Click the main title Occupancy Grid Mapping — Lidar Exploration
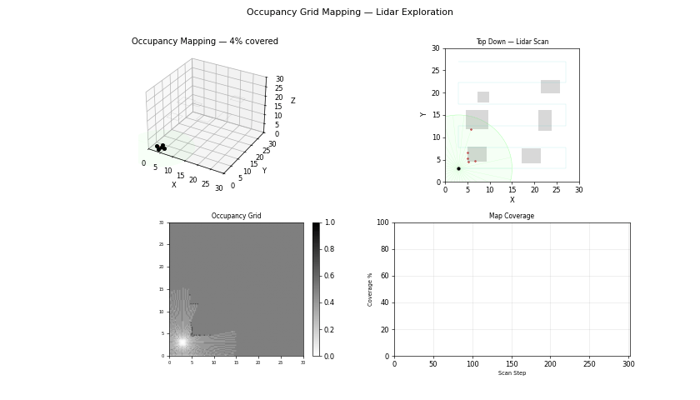(x=350, y=12)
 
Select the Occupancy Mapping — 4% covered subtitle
(x=205, y=42)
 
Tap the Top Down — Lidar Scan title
(x=512, y=42)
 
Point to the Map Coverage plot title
(x=512, y=216)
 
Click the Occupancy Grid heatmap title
(x=236, y=216)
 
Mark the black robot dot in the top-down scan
(x=458, y=168)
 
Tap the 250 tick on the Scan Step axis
(x=590, y=364)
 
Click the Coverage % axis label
(x=371, y=289)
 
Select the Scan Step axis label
(x=512, y=373)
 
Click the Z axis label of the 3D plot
(x=292, y=101)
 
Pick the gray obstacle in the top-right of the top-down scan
(x=550, y=87)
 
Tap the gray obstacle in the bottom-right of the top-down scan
(x=531, y=156)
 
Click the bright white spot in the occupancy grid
(x=182, y=342)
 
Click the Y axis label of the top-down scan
(x=423, y=114)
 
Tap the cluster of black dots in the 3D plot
(x=160, y=147)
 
